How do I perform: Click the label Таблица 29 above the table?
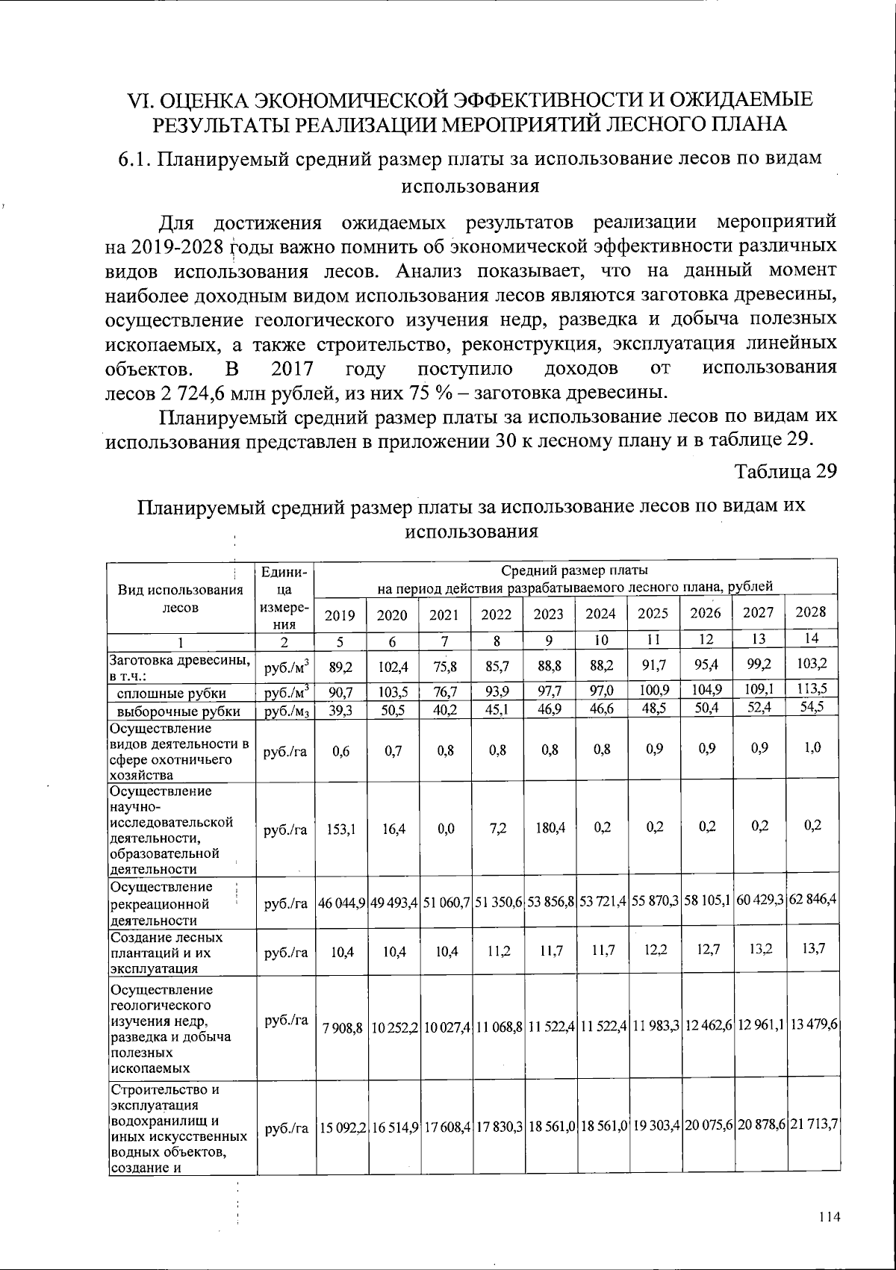pos(785,472)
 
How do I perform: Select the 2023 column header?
pos(549,614)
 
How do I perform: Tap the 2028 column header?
pos(812,612)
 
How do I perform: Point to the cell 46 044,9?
pos(341,903)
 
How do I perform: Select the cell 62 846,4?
pos(812,902)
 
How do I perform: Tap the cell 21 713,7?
pos(812,1125)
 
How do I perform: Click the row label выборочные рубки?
pos(179,712)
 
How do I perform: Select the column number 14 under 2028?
pos(812,640)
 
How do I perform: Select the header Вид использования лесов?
pos(181,598)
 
